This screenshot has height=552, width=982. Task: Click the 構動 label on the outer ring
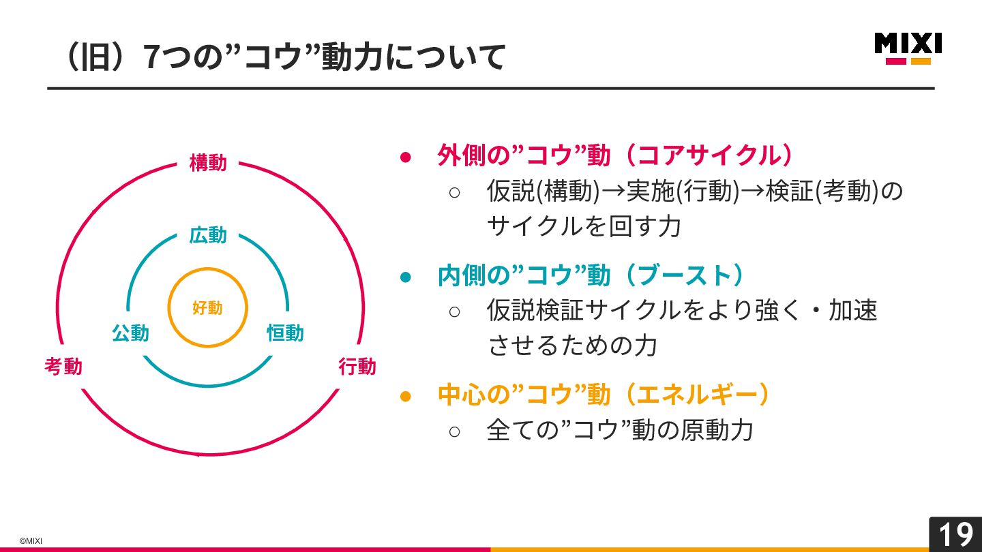[x=208, y=164]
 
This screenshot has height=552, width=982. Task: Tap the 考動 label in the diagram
[x=63, y=367]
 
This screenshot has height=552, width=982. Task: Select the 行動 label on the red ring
[x=357, y=367]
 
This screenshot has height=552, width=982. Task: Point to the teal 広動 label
[x=208, y=236]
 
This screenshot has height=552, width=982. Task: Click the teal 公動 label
[x=130, y=333]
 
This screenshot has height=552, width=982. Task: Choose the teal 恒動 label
[x=285, y=333]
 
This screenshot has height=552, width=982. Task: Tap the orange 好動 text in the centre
[x=207, y=308]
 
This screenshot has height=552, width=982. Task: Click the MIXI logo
[x=908, y=48]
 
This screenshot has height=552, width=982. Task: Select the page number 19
[x=955, y=535]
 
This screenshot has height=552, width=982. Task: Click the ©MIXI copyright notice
[x=31, y=541]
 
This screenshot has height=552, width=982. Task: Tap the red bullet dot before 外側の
[x=406, y=157]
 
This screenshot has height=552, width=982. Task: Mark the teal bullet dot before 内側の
[x=406, y=277]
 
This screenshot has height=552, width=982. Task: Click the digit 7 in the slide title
[x=152, y=57]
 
